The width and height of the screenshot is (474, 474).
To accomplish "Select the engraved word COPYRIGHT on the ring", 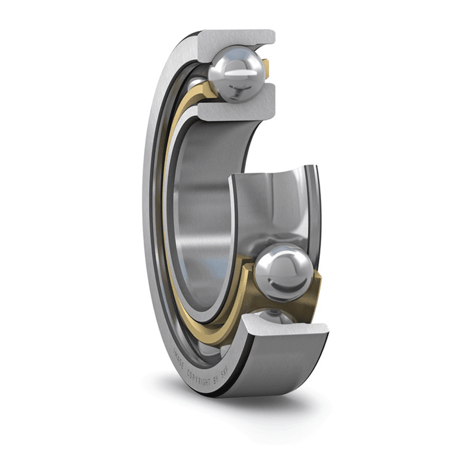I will pos(198,379).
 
